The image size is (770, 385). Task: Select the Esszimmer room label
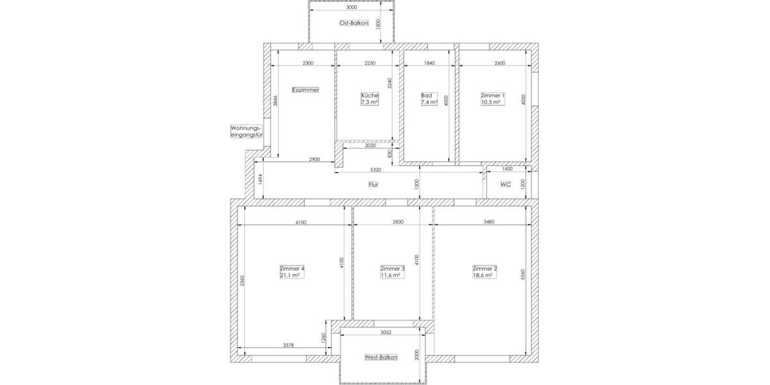click(305, 90)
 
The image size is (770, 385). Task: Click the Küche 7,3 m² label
click(370, 99)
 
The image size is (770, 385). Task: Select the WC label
click(506, 185)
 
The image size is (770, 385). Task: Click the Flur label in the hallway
click(373, 185)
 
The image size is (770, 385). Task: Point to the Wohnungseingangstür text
click(246, 132)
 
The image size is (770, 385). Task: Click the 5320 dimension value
click(376, 170)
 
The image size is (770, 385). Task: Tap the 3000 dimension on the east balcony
click(351, 8)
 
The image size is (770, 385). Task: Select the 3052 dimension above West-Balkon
click(386, 332)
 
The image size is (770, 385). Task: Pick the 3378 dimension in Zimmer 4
click(289, 345)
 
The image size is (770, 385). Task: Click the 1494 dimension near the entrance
click(261, 180)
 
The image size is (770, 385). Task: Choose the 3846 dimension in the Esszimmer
click(275, 101)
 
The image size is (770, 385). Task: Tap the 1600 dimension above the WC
click(508, 169)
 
